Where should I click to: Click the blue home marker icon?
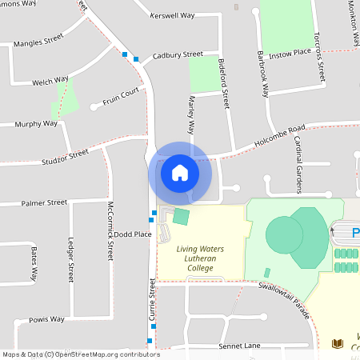180,174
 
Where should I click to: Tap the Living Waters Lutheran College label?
200,258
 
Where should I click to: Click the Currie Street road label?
151,300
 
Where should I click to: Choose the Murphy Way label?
37,124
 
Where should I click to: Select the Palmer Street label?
44,202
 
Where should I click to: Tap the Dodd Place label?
133,234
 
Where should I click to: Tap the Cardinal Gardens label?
298,163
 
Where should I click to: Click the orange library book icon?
338,343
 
